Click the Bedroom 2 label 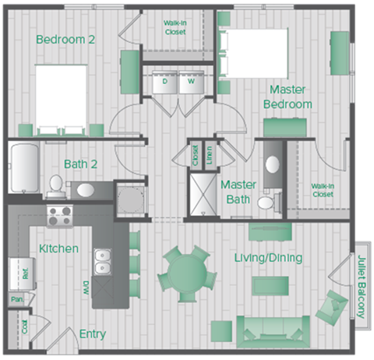(65, 39)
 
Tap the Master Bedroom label (288, 97)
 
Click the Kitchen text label (58, 249)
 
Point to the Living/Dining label (268, 257)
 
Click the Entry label (93, 334)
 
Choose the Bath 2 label (80, 164)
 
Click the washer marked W (190, 81)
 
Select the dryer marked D (165, 81)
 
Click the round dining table (184, 272)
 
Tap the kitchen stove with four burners (60, 214)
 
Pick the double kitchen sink (102, 262)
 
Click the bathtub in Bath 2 (23, 168)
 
